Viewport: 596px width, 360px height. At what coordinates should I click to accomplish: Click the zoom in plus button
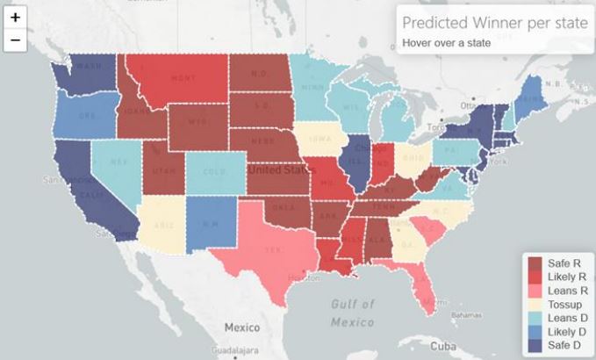tap(16, 18)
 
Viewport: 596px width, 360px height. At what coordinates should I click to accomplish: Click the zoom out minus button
tap(16, 40)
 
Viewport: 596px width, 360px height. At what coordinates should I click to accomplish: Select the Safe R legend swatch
tap(535, 262)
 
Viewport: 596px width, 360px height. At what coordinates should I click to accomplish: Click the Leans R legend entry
tap(563, 291)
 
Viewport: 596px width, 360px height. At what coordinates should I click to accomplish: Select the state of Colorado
tap(209, 172)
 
